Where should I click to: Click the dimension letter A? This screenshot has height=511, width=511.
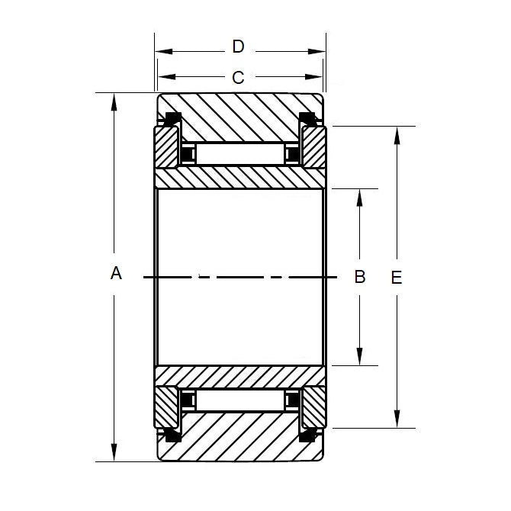(x=116, y=273)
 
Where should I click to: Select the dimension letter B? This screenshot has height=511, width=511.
(x=361, y=276)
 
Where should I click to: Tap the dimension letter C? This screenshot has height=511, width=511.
(x=238, y=77)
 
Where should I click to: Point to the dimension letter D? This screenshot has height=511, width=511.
(x=238, y=47)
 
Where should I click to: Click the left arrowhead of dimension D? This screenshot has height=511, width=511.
(x=162, y=52)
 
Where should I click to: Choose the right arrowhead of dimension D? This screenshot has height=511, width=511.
(x=318, y=52)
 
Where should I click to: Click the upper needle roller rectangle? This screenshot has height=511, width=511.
(x=240, y=154)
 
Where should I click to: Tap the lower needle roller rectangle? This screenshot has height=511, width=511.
(x=240, y=400)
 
